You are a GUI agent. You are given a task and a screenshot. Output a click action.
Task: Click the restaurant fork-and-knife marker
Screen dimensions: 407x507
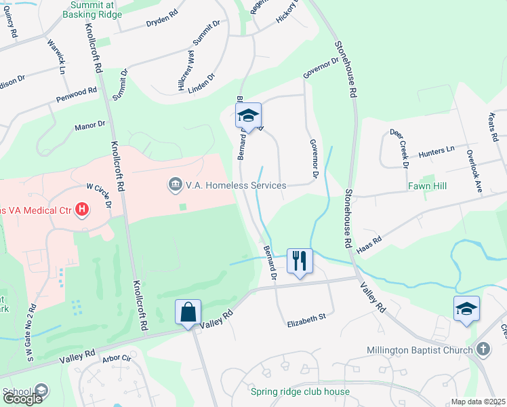coord(300,260)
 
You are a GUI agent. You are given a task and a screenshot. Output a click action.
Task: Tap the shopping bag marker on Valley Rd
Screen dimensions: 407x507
coord(188,313)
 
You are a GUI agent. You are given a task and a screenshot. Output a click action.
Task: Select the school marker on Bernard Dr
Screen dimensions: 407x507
coord(249,117)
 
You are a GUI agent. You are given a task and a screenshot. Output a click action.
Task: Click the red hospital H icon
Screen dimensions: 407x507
coord(82,210)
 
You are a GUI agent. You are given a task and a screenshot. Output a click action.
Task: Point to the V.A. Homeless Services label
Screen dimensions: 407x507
coord(235,185)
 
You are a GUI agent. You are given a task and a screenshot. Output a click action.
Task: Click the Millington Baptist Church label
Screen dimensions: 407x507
coord(424,350)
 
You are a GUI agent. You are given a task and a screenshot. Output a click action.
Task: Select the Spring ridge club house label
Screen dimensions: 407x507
coord(300,392)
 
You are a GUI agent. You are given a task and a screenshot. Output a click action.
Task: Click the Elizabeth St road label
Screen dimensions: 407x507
coord(306,316)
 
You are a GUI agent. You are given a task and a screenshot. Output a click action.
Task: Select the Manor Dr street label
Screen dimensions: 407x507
coord(90,125)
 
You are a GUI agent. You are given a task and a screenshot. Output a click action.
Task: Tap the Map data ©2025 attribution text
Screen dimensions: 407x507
coord(479,402)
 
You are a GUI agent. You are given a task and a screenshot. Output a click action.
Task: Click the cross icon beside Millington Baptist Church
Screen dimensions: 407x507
coord(483,349)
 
